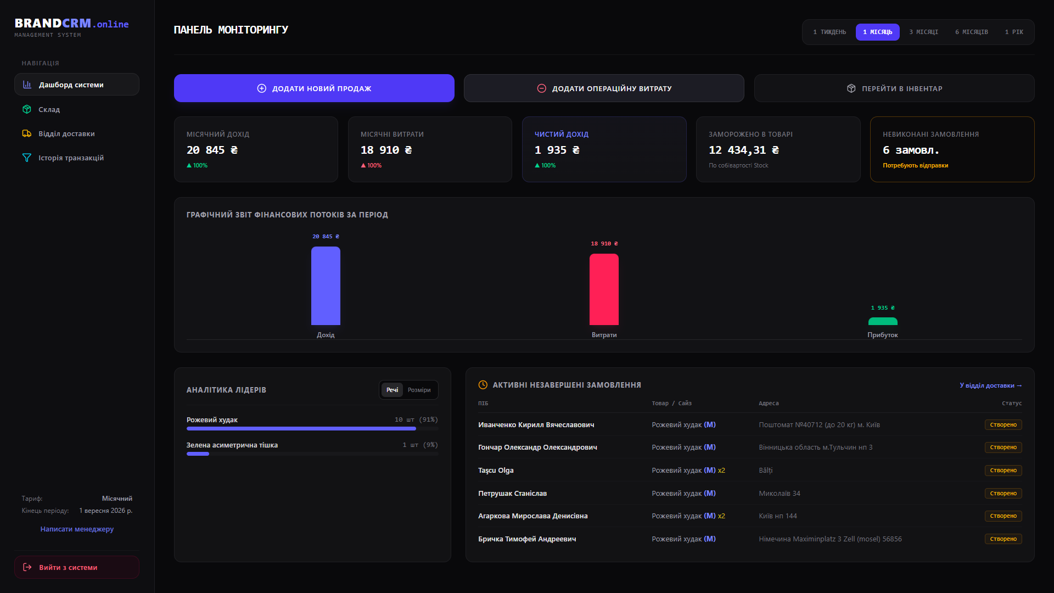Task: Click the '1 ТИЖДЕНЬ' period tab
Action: click(829, 32)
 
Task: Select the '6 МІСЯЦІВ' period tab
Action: click(971, 32)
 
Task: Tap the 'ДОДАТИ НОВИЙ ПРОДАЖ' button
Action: click(314, 88)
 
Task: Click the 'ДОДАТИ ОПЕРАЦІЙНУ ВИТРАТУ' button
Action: click(604, 88)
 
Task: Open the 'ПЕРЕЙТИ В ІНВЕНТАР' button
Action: click(894, 88)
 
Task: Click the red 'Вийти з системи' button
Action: click(77, 567)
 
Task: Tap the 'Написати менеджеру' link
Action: click(77, 529)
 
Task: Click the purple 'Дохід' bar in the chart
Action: click(326, 286)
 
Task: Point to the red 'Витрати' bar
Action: click(604, 289)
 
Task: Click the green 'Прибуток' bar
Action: click(883, 321)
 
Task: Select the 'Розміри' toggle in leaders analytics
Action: click(419, 390)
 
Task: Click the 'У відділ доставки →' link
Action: click(991, 385)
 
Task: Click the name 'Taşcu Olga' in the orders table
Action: click(496, 470)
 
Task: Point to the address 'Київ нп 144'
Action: click(778, 516)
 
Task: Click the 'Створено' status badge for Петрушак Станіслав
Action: click(1003, 493)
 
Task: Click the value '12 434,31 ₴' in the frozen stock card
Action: click(744, 150)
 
